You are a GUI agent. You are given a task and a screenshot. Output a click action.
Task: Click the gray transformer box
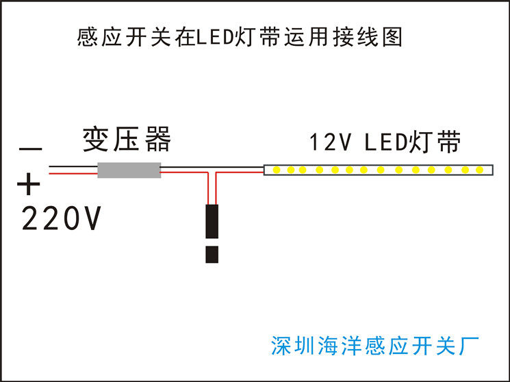(x=129, y=170)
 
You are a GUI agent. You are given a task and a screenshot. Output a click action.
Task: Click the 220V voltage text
(x=62, y=219)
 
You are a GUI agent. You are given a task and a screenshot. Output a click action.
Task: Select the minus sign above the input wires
(x=31, y=148)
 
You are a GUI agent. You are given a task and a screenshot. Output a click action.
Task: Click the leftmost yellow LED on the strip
(x=276, y=169)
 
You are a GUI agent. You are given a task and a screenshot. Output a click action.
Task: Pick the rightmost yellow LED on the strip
(x=480, y=169)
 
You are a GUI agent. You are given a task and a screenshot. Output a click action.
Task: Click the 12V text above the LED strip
(x=331, y=143)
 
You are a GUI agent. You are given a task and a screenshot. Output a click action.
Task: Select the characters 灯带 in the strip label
(x=435, y=142)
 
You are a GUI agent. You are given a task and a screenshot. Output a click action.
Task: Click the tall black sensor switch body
(x=212, y=220)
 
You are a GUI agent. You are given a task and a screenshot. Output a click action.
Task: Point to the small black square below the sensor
(x=212, y=254)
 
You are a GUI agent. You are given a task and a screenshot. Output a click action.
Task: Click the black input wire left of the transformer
(x=72, y=166)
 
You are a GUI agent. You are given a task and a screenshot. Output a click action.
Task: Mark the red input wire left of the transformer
(x=72, y=173)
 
